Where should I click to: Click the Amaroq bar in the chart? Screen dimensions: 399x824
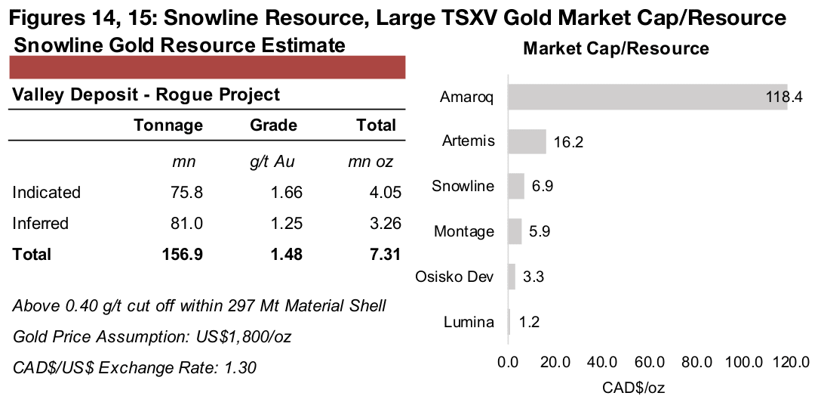pos(647,97)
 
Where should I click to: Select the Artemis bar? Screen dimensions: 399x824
pos(527,141)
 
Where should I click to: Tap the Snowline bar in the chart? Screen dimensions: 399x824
pos(516,186)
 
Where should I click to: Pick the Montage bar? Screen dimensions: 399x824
pos(515,231)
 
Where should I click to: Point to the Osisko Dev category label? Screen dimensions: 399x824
pos(454,277)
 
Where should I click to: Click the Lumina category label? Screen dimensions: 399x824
pos(469,322)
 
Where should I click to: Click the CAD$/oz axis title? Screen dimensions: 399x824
pos(634,388)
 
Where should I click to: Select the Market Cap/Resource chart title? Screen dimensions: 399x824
pos(616,49)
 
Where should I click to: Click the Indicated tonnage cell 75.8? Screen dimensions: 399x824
pos(188,193)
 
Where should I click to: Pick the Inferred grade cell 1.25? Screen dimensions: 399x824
pos(287,224)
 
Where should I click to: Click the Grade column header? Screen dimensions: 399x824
pos(273,125)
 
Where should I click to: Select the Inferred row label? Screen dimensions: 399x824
pos(40,224)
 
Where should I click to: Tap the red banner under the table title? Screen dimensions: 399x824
pos(207,67)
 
